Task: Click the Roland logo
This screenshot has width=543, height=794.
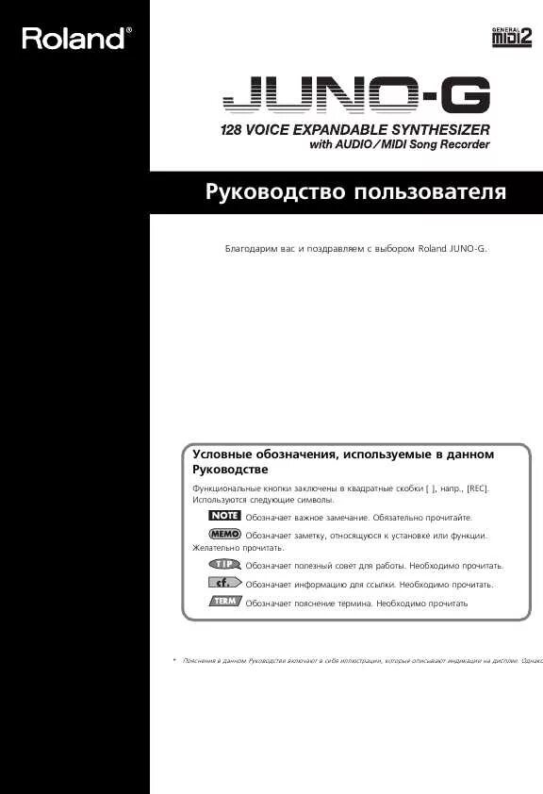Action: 74,39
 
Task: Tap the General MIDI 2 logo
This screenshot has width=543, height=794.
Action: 512,35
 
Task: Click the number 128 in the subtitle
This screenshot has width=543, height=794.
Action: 233,128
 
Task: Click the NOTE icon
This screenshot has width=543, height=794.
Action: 224,517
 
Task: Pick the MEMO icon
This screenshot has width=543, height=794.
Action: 224,534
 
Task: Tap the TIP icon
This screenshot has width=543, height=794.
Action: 224,564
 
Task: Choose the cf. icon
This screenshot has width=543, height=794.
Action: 224,583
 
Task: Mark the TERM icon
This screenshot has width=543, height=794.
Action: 224,601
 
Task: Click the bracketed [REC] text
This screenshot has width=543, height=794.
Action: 479,488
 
